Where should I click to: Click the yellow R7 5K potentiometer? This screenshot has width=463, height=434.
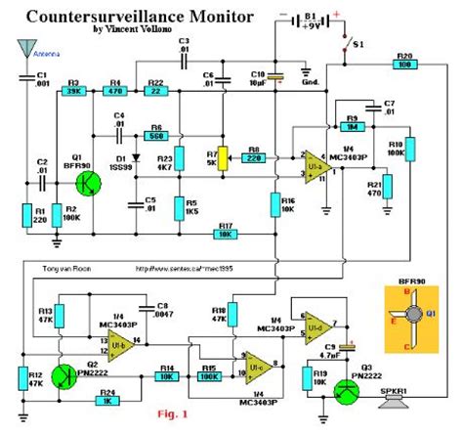pos(222,156)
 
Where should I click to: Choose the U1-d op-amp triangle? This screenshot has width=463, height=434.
pos(317,324)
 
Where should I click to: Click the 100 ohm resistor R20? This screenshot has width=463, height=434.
pos(403,65)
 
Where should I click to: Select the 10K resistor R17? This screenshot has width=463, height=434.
pos(226,234)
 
